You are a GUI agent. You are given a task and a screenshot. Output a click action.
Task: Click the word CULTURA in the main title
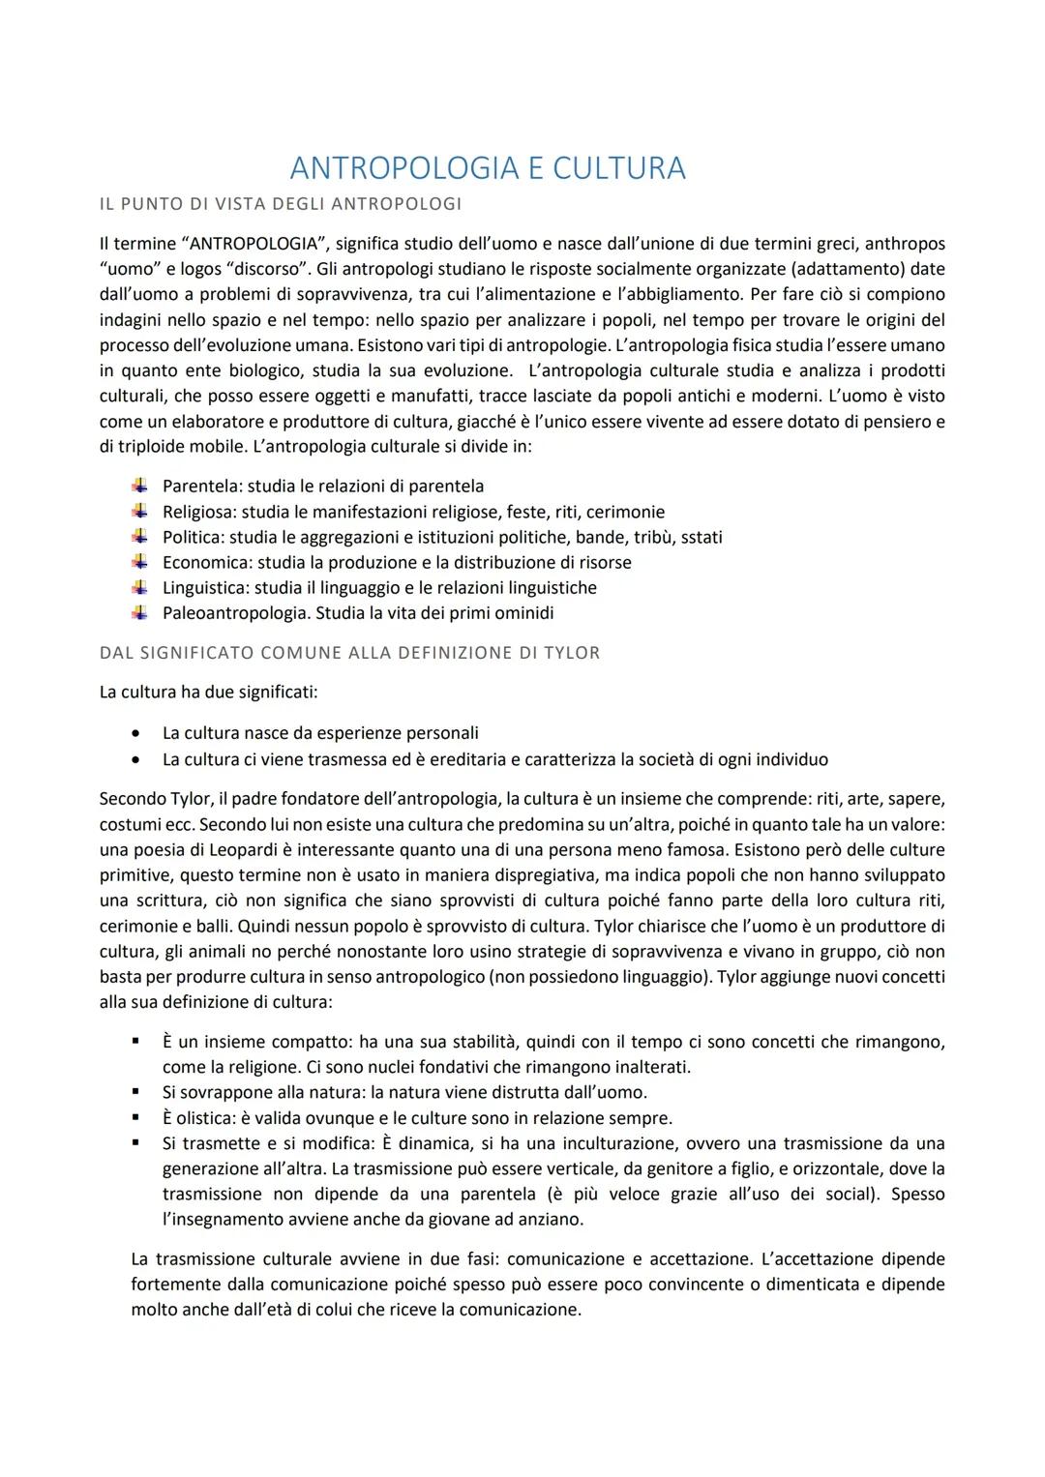(618, 168)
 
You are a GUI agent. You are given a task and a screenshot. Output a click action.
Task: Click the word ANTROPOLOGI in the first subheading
(396, 204)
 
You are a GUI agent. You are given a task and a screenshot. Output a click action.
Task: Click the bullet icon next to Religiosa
(140, 511)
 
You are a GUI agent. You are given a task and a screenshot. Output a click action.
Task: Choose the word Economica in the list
(201, 562)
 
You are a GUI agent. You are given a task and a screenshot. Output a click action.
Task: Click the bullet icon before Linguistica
(140, 587)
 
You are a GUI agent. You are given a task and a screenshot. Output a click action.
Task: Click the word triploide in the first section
(155, 447)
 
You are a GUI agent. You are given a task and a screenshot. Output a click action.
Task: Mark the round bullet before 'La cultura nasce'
(139, 733)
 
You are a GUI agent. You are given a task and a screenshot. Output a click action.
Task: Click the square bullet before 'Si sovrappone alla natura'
(139, 1092)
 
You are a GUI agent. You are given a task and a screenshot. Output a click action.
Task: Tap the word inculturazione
(589, 1143)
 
